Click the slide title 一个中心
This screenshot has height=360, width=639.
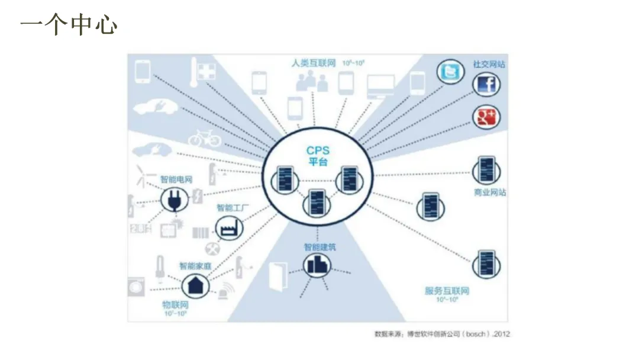click(x=69, y=25)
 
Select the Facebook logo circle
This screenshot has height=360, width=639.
click(x=486, y=86)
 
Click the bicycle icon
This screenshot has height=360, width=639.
click(x=205, y=138)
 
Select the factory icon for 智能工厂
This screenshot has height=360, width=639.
click(x=225, y=227)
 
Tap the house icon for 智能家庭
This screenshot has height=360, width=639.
click(x=195, y=285)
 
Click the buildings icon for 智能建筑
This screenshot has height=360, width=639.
click(x=318, y=265)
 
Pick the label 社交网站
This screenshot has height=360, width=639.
click(x=489, y=64)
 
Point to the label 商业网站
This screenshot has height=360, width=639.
click(x=490, y=192)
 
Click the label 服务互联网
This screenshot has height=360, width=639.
click(x=447, y=291)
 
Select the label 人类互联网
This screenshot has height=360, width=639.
click(x=314, y=63)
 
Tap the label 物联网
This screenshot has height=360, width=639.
click(x=175, y=304)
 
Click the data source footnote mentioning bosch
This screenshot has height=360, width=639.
click(x=442, y=334)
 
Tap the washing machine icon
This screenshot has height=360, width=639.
click(x=137, y=287)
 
